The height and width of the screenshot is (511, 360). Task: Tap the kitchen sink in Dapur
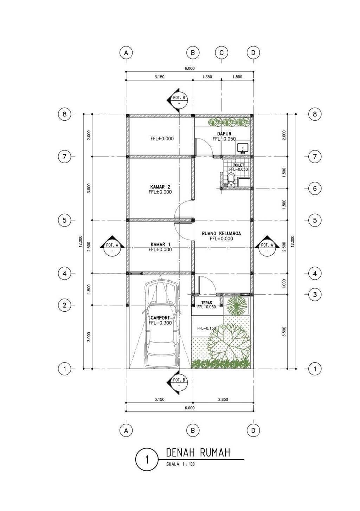pyautogui.click(x=243, y=148)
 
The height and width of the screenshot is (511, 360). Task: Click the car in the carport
pyautogui.click(x=161, y=324)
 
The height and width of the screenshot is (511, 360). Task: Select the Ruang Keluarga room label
pyautogui.click(x=221, y=234)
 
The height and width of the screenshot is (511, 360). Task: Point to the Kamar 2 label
pyautogui.click(x=160, y=187)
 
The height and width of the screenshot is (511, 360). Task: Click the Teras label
pyautogui.click(x=207, y=303)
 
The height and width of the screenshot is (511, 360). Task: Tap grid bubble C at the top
pyautogui.click(x=221, y=53)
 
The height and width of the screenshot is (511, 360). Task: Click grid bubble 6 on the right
pyautogui.click(x=315, y=189)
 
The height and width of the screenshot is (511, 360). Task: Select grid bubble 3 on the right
pyautogui.click(x=315, y=294)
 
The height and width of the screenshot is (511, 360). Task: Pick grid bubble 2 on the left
pyautogui.click(x=65, y=305)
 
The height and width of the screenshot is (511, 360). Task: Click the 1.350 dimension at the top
pyautogui.click(x=207, y=77)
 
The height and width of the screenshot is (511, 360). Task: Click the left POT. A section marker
pyautogui.click(x=112, y=248)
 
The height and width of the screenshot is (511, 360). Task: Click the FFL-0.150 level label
pyautogui.click(x=207, y=328)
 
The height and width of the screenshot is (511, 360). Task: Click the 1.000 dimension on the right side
pyautogui.click(x=284, y=284)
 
